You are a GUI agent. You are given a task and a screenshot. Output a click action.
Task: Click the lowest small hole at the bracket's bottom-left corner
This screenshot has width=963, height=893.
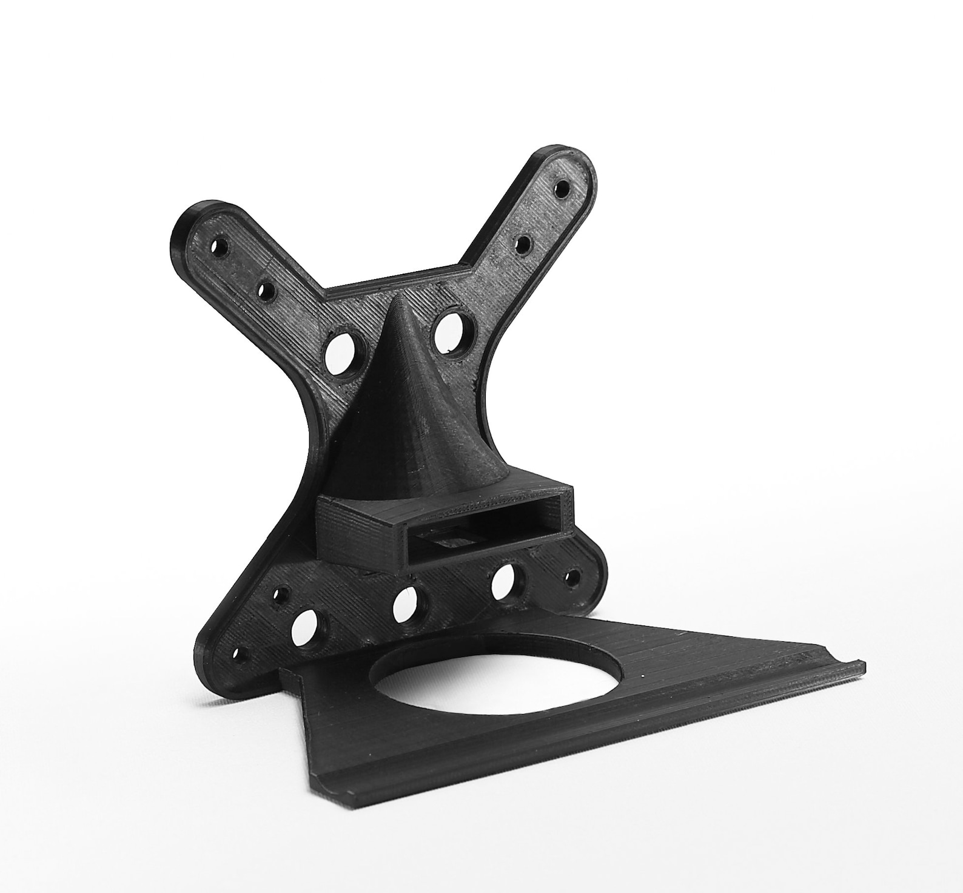[239, 656]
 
